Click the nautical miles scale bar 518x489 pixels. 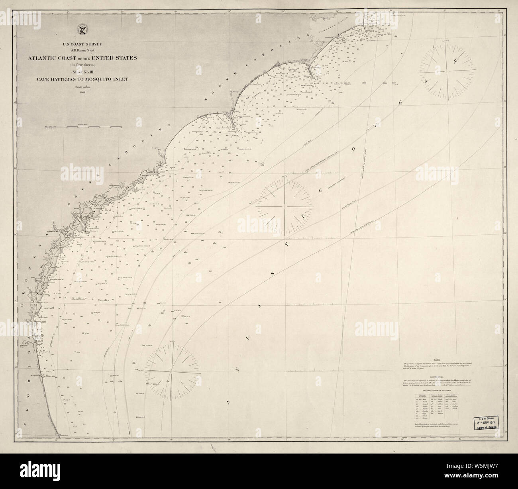(x=82, y=127)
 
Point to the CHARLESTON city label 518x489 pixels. (x=116, y=185)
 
